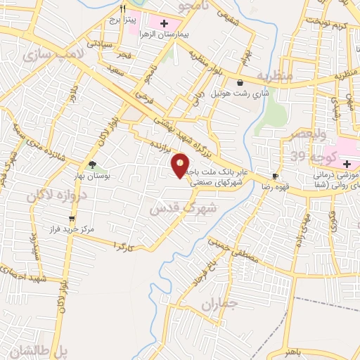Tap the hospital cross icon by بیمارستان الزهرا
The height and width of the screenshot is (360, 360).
[x=164, y=24]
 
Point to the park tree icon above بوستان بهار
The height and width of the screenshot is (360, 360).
[x=92, y=165]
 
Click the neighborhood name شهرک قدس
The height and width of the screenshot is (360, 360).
[x=179, y=205]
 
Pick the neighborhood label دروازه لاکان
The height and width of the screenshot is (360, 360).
[x=56, y=193]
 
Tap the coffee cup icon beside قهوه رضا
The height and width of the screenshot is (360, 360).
[x=276, y=176]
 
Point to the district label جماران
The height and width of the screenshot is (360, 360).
[x=219, y=305]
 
